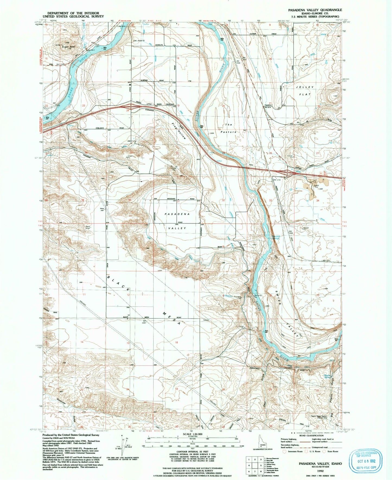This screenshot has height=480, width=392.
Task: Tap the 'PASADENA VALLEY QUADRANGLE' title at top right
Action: (x=311, y=10)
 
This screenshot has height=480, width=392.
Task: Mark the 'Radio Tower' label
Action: (x=88, y=227)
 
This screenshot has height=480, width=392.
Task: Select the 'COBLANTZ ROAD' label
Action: (x=114, y=128)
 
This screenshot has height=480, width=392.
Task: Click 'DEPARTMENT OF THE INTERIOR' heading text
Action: (x=73, y=13)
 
